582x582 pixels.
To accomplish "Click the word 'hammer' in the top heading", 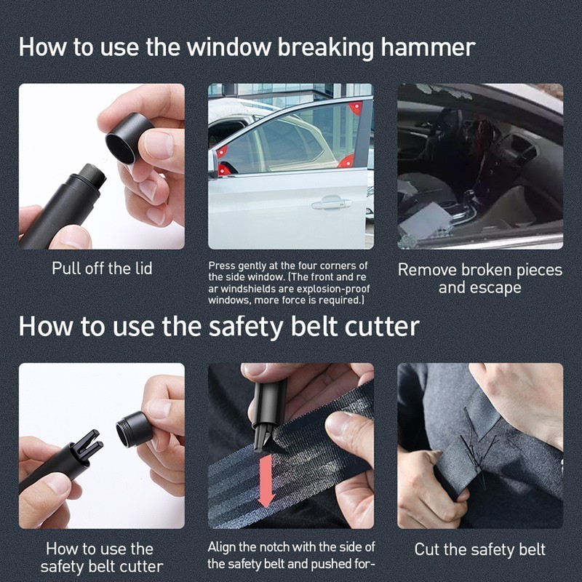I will tap(428, 47).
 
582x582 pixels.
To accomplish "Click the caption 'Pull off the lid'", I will tap(102, 268).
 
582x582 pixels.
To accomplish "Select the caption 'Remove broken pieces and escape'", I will tap(480, 279).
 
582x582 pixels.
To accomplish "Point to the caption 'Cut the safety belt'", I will tap(480, 549).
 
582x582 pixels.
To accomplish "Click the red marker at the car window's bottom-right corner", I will tap(348, 161).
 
